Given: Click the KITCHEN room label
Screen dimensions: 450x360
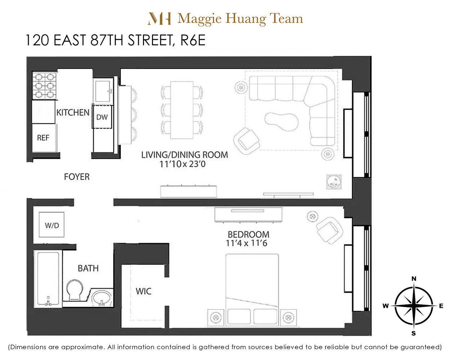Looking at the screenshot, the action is coord(73,113).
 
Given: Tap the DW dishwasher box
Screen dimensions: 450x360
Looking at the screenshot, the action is coord(102,117).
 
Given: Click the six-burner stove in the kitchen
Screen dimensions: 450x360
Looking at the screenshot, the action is coord(44,85).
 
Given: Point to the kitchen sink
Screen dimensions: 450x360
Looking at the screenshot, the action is coord(103,91).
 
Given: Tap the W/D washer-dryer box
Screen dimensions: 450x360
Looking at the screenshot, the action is coord(51,225).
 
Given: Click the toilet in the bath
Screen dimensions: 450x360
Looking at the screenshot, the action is coord(75,289).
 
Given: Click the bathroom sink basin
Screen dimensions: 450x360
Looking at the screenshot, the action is coord(102,297).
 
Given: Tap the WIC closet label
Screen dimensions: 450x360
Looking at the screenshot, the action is coord(143,291).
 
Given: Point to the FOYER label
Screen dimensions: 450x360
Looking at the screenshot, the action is coord(77,177).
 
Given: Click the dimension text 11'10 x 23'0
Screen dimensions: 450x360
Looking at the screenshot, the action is coord(183,164).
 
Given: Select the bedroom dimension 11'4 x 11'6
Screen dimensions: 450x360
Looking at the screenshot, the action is coord(247,243).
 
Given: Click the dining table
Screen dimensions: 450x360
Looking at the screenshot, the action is coord(182,110).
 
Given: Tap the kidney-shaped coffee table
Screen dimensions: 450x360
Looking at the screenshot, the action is coord(281,121).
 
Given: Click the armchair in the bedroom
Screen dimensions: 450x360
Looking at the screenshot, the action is coord(329,230).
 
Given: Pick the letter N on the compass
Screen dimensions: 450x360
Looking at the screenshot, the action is coord(414,279).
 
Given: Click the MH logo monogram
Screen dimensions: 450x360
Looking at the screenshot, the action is coord(159,19).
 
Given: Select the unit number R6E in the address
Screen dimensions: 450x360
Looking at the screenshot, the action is coord(193,40).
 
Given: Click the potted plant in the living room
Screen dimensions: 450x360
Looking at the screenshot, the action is coord(334,182).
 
